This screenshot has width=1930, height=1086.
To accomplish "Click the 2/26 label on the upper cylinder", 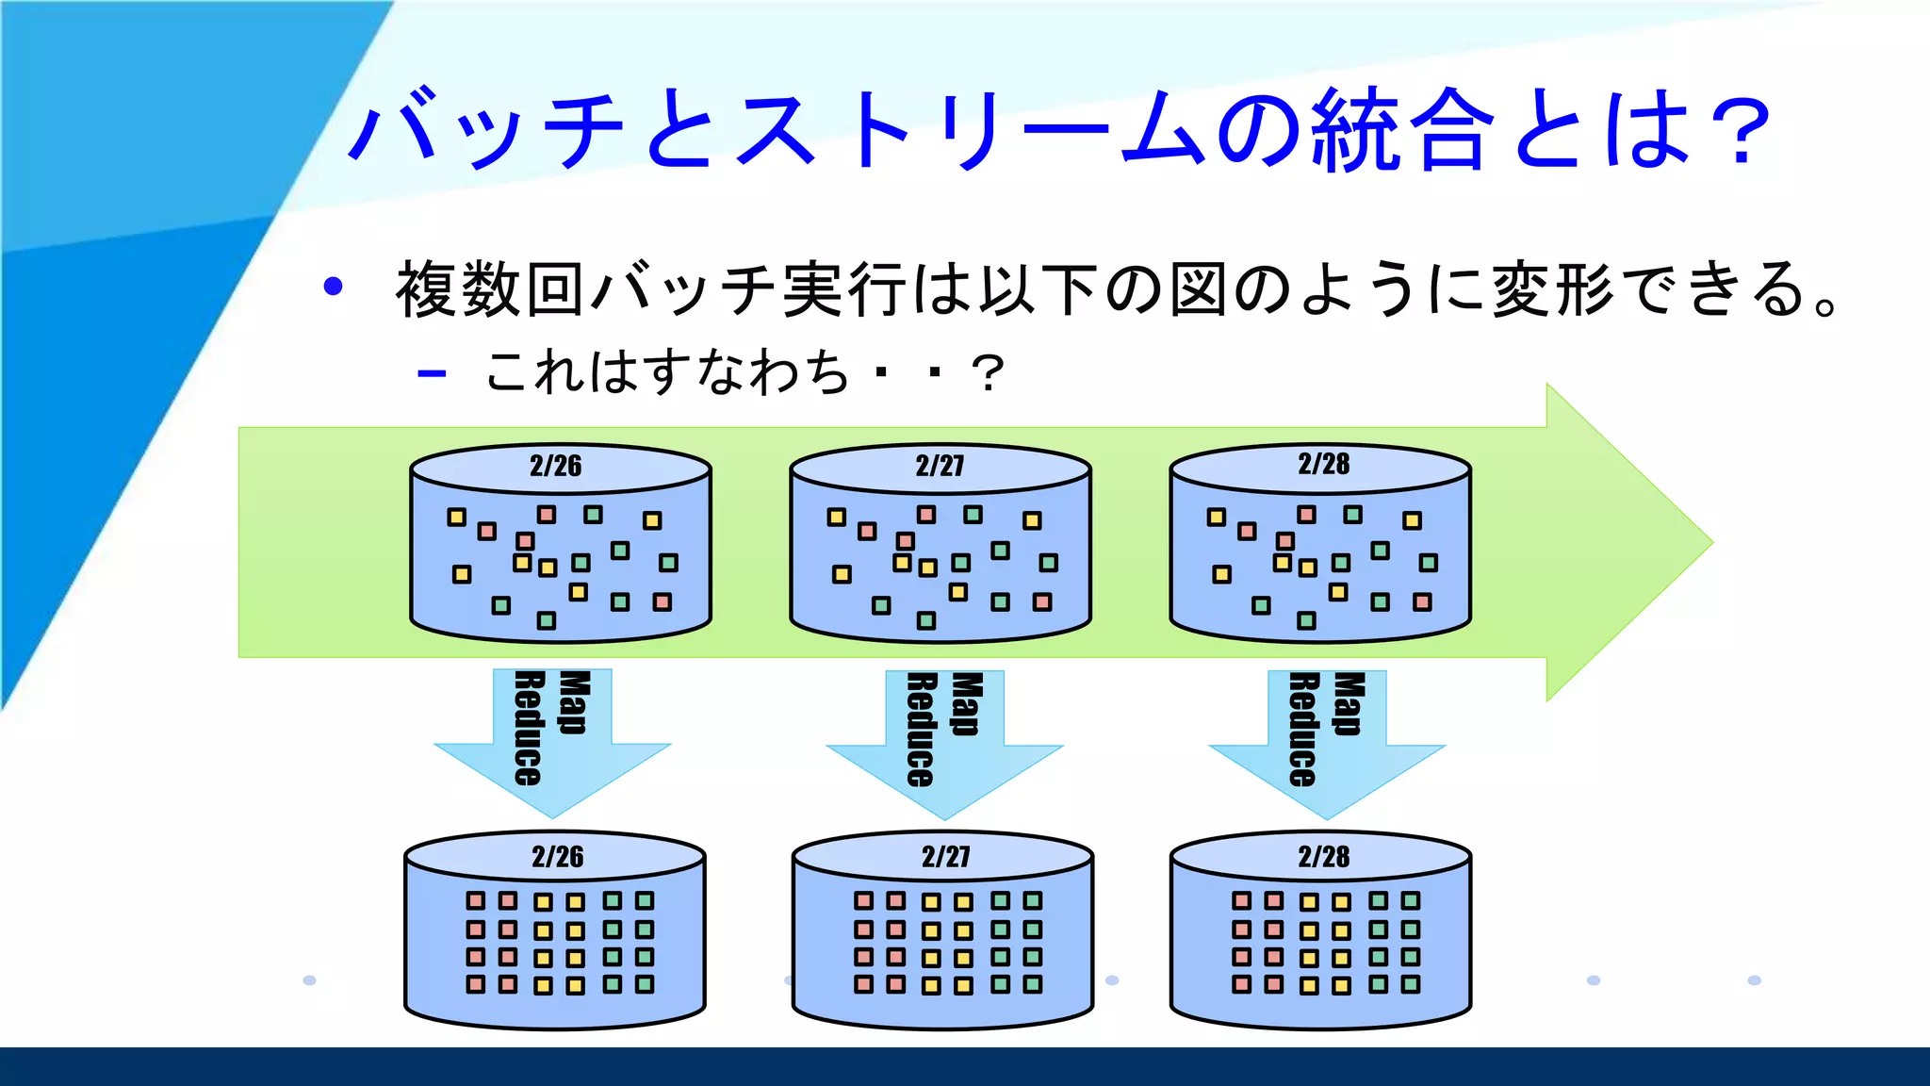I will (x=555, y=466).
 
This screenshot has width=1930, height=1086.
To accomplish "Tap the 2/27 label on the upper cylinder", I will (x=940, y=466).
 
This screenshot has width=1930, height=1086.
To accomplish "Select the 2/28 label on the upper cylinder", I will (x=1323, y=464).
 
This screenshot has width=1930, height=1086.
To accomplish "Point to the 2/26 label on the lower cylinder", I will (x=557, y=857).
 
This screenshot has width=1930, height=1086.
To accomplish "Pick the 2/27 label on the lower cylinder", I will (x=945, y=857).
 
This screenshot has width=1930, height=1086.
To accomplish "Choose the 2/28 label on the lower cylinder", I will (x=1323, y=857).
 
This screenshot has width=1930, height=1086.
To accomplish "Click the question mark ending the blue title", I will (x=1740, y=132).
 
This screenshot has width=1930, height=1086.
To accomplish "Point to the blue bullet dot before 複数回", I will (x=333, y=287).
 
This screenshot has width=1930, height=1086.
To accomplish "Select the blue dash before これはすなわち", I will (x=432, y=373).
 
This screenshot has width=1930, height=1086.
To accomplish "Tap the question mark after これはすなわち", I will (x=988, y=373).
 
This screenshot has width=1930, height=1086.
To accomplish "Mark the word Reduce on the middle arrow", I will (x=921, y=730).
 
